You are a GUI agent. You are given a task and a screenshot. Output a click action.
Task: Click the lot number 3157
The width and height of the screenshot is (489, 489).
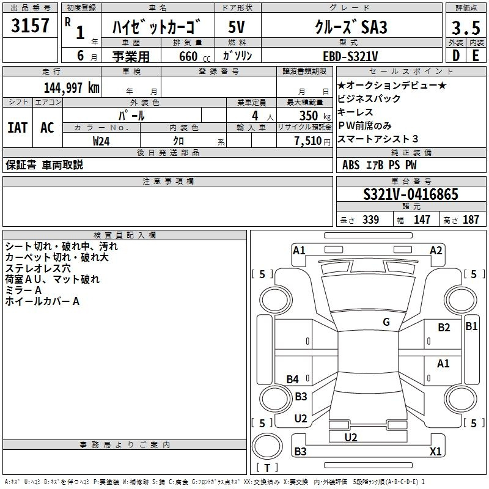pos(31,27)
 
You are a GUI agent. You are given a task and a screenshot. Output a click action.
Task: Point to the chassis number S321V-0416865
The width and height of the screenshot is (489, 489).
pos(411,195)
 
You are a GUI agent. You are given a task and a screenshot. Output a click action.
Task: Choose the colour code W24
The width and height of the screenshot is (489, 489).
pos(102,141)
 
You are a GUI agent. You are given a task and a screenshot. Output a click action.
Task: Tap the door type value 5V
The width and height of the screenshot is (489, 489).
pos(238,28)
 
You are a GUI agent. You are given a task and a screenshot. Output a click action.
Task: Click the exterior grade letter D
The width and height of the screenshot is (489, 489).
pos(455,55)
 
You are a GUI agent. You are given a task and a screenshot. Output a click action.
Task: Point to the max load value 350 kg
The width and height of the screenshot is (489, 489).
pos(309,116)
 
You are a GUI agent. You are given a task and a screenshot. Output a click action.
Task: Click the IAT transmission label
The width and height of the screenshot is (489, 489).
pos(17,128)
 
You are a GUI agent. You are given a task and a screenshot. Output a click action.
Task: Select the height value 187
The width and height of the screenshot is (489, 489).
pos(471,220)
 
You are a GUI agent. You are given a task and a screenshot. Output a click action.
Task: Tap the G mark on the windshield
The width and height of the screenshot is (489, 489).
pos(386,322)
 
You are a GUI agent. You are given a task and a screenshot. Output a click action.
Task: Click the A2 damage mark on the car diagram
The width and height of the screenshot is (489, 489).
pos(436,250)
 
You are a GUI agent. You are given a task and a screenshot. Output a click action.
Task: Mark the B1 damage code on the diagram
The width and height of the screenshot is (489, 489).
pos(471,326)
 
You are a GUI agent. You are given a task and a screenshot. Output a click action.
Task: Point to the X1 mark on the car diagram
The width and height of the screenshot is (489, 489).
pos(436,452)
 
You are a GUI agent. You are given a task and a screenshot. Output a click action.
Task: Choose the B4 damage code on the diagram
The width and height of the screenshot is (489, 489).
pos(293,380)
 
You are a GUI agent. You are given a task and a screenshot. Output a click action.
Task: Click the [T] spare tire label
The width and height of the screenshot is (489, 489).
pos(267,468)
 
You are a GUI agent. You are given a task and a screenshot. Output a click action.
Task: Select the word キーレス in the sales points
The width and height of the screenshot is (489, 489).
pos(355,112)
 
